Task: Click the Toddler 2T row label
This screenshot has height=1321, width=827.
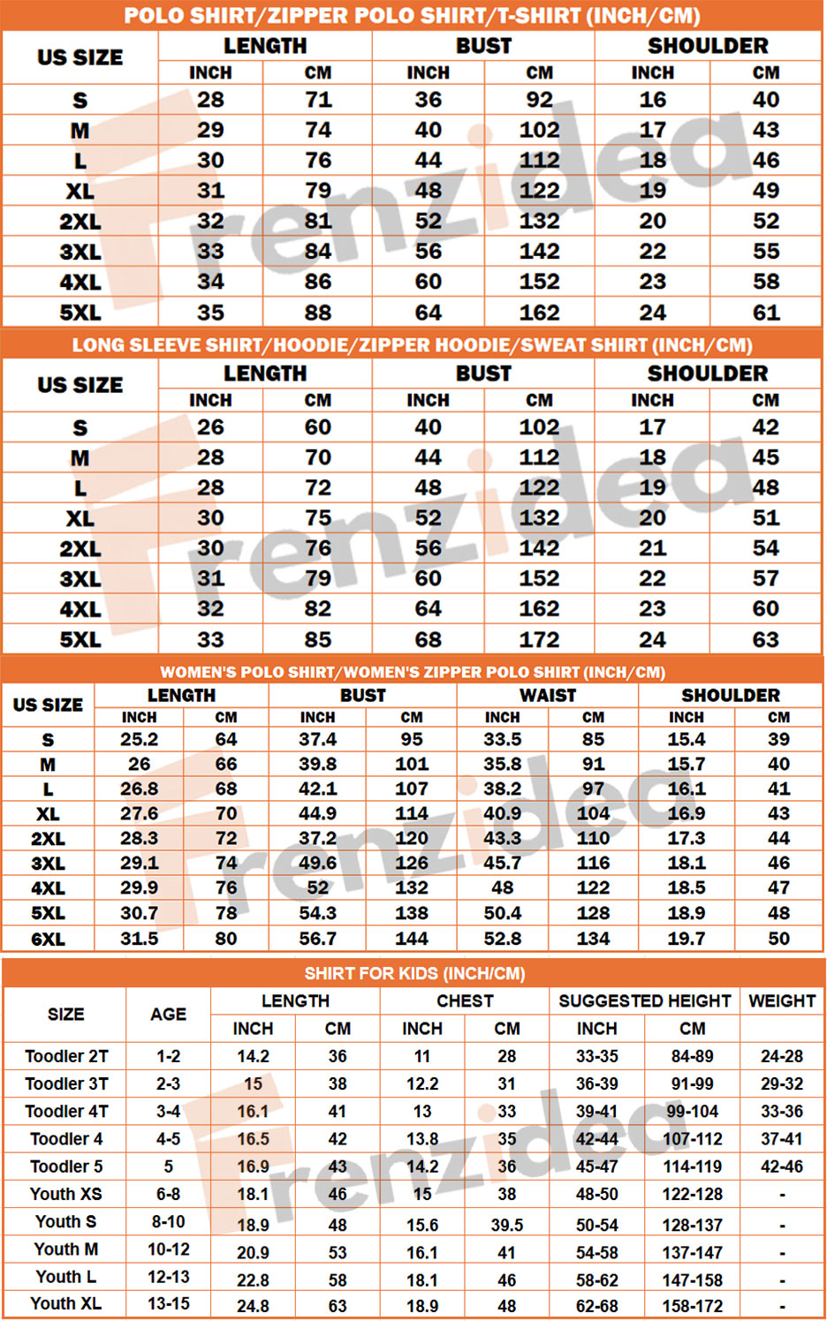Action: point(66,1056)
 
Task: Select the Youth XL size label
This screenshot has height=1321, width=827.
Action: point(65,1303)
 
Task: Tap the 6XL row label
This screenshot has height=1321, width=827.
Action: point(48,939)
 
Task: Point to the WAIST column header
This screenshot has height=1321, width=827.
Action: point(547,695)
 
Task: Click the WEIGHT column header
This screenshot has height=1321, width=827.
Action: point(782,1000)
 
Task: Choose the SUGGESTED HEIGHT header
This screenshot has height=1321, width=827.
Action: point(644,1000)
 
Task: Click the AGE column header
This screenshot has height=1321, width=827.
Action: point(168,1014)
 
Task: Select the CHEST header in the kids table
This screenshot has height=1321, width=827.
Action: point(465,1000)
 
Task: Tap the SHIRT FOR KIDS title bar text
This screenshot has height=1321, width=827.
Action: point(414,973)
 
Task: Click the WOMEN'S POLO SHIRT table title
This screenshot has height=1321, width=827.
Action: point(413,672)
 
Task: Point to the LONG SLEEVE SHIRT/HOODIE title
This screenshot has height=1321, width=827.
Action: point(412,344)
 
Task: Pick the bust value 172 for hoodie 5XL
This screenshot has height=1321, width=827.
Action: point(539,639)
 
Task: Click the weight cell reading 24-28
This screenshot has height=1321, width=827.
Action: point(782,1056)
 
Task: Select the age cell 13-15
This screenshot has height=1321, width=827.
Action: point(168,1303)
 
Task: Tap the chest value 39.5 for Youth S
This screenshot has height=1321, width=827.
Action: point(507,1225)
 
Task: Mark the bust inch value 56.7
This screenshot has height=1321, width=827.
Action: point(317,939)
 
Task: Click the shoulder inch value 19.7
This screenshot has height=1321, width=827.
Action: point(687,939)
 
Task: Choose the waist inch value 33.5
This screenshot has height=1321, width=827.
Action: point(502,739)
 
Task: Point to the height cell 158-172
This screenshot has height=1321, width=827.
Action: point(693,1305)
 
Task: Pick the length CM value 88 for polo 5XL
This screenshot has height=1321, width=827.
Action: point(318,313)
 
